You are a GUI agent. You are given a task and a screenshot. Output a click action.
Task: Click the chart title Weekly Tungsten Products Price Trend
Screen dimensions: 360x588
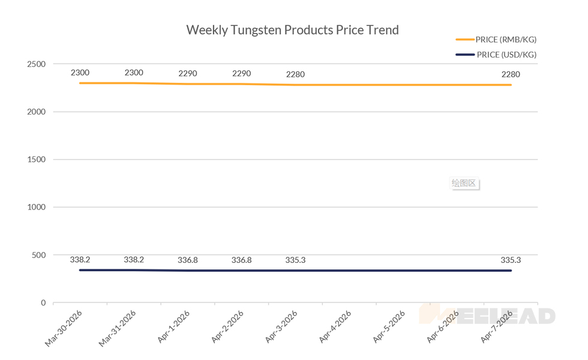292,30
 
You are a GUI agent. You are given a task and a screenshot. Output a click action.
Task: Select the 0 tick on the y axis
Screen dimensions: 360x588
43,302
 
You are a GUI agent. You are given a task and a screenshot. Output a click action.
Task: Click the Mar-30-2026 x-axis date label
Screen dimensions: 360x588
64,328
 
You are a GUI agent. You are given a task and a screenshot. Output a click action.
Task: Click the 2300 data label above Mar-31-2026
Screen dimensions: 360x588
134,73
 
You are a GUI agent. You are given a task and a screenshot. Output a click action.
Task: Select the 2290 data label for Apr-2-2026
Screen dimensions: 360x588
241,74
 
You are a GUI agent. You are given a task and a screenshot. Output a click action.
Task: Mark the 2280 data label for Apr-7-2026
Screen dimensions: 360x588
511,75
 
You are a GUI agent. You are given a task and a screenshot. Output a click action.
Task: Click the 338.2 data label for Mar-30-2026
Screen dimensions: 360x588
80,260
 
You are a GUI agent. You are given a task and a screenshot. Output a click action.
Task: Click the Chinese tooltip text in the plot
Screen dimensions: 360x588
464,183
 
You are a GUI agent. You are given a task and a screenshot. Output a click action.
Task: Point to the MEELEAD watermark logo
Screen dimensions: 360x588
487,316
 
